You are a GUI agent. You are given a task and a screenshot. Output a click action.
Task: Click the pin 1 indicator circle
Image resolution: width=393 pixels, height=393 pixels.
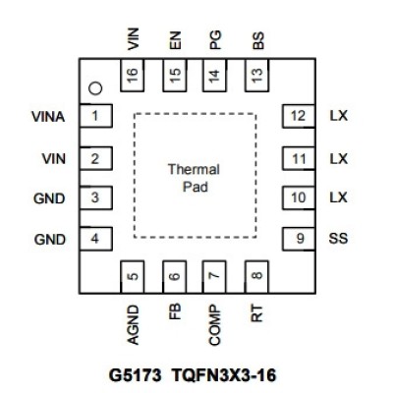(95, 88)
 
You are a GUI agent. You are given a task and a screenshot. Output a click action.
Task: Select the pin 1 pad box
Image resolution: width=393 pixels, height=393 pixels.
(96, 116)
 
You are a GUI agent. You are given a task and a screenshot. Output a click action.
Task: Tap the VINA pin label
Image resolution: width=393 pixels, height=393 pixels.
(48, 117)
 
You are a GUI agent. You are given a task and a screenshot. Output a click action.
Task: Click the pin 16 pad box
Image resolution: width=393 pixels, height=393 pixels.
(133, 76)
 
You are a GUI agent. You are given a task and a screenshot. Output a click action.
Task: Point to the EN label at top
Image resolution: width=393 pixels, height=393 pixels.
(175, 40)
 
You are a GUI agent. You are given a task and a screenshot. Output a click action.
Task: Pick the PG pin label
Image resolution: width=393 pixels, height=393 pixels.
(215, 40)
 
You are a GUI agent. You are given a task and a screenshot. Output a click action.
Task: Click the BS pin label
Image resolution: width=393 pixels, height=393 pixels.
(258, 40)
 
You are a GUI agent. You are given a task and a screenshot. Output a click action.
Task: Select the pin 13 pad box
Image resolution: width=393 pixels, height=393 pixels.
(256, 76)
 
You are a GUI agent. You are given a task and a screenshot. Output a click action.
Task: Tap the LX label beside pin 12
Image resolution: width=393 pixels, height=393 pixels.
(338, 116)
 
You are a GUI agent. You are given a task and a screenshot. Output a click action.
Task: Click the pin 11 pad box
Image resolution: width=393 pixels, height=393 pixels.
(299, 159)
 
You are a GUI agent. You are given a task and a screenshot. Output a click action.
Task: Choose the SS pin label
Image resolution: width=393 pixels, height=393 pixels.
(338, 238)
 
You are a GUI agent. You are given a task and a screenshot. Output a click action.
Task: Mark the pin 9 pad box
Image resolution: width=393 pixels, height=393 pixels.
(299, 239)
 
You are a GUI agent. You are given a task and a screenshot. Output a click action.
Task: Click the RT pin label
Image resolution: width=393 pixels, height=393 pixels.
(257, 313)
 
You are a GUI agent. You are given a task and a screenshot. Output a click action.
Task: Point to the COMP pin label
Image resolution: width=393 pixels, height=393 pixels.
(215, 325)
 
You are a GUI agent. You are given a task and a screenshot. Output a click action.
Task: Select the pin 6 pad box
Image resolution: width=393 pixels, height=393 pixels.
(175, 277)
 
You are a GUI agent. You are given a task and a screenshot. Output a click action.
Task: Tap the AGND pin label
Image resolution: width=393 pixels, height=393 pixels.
(133, 325)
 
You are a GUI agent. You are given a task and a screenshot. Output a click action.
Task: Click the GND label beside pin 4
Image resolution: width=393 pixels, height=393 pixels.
(50, 240)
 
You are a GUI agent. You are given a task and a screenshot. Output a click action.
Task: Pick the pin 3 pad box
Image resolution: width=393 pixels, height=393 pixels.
(96, 197)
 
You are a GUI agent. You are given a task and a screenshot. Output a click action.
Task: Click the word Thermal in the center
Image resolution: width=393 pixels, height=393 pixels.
(194, 169)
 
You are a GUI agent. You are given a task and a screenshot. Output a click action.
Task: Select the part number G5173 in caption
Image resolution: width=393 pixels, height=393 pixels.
(135, 375)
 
